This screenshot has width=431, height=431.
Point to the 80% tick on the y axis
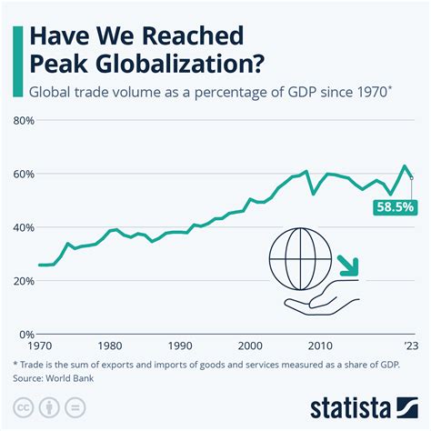point(24,120)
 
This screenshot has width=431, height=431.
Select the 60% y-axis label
point(24,174)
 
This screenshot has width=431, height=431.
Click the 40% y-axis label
point(24,227)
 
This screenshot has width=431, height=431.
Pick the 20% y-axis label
point(24,281)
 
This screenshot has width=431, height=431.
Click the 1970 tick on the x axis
point(39,346)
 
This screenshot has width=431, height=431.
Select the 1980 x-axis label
point(109,346)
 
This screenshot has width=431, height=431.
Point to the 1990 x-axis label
point(179,346)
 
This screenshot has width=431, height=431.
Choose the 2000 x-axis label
point(249,346)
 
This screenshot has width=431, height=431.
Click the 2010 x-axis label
point(319,346)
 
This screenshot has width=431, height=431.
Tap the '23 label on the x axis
point(411,346)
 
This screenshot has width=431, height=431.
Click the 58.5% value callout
point(395,207)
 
